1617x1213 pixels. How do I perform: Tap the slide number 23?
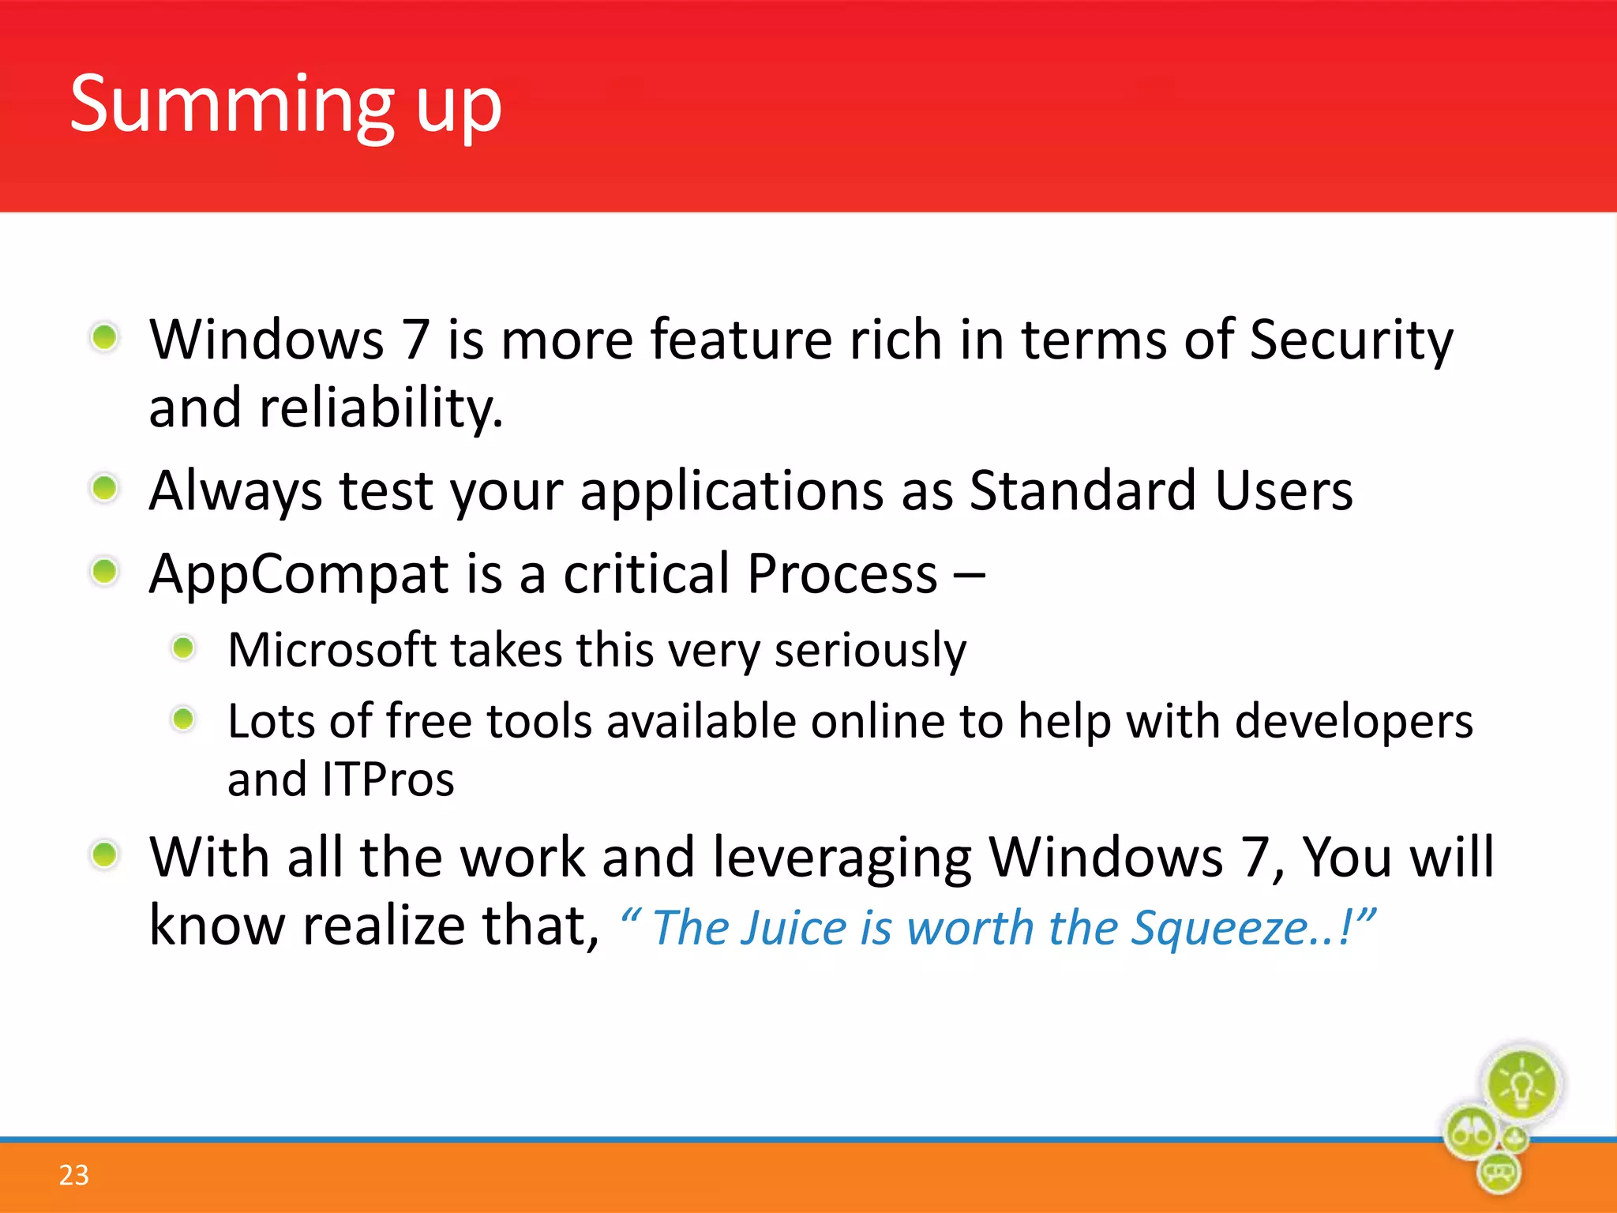[73, 1175]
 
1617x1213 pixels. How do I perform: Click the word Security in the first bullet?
[1351, 341]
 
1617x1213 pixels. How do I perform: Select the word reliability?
[381, 408]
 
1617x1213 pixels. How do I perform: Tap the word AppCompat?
[298, 574]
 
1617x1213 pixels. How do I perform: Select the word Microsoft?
[332, 651]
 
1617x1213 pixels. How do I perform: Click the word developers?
[1353, 723]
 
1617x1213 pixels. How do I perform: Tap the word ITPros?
[388, 780]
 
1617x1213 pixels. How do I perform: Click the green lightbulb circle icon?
[1521, 1084]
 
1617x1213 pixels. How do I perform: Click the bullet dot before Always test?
[104, 488]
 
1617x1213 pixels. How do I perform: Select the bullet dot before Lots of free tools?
[183, 719]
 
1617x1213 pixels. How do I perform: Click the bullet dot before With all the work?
[104, 854]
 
